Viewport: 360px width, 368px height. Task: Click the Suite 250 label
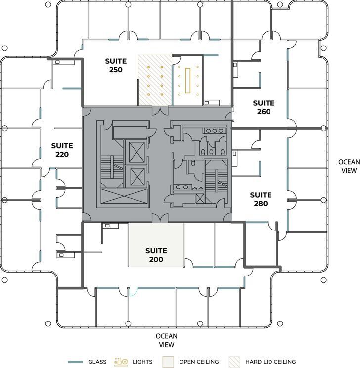click(116, 65)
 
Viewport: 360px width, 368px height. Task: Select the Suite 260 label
click(264, 107)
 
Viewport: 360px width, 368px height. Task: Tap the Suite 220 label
click(62, 150)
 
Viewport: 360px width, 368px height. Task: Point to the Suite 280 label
click(261, 199)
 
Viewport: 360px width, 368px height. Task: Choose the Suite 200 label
click(156, 255)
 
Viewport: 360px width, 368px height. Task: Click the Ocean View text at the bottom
click(166, 340)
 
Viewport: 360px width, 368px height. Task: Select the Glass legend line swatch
click(75, 362)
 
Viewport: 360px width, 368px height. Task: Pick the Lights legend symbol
click(121, 362)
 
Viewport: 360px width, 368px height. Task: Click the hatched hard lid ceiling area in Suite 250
click(154, 80)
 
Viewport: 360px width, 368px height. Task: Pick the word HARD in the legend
click(254, 362)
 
